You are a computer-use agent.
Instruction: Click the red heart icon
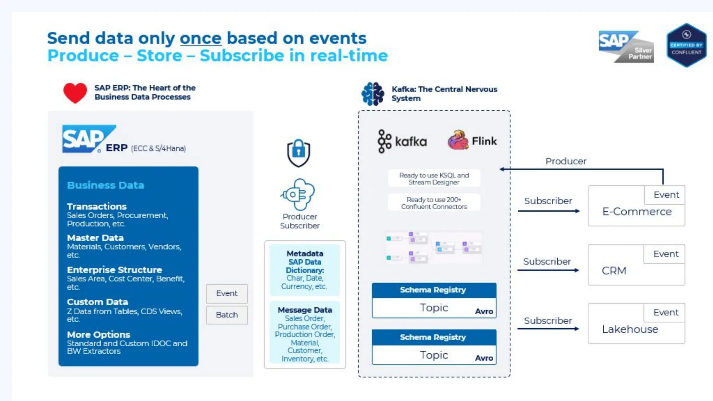[x=75, y=93]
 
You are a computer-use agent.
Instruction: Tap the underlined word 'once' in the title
[x=201, y=38]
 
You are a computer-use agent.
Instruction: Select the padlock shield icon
[x=298, y=153]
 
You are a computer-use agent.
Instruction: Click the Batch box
[x=227, y=315]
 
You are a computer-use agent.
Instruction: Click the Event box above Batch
[x=227, y=293]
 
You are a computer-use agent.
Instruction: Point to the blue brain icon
[x=373, y=94]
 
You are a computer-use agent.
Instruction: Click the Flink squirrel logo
[x=458, y=140]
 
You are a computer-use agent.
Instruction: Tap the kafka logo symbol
[x=384, y=141]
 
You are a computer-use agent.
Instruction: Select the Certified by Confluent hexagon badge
[x=686, y=45]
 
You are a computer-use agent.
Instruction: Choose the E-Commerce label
[x=637, y=212]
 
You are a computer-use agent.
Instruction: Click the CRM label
[x=614, y=271]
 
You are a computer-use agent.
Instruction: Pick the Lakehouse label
[x=630, y=329]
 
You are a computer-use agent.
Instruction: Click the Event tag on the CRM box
[x=666, y=254]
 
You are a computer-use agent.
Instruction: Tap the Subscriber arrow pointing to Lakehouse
[x=548, y=329]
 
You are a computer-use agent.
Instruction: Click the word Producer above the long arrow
[x=566, y=161]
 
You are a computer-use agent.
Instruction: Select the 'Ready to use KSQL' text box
[x=434, y=179]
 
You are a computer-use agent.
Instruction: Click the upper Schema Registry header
[x=434, y=290]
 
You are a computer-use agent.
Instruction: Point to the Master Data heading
[x=95, y=238]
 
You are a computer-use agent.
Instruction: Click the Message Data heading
[x=305, y=310]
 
